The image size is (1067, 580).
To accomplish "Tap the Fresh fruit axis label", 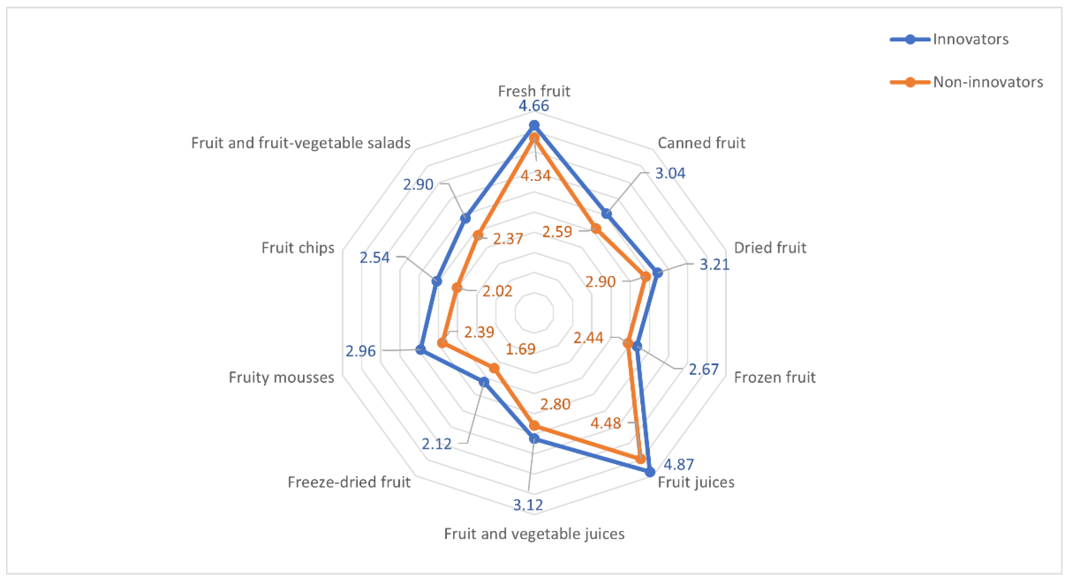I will [534, 91].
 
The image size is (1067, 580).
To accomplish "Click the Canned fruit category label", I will [701, 143].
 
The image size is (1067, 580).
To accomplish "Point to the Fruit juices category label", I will [696, 482].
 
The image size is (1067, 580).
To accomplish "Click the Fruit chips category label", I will [298, 247].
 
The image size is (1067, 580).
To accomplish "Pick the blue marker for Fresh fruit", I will [534, 125].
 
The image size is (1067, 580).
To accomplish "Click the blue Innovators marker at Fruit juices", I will [650, 472].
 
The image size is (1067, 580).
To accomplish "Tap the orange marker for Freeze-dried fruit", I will [494, 368].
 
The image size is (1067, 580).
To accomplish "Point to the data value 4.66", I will [534, 106].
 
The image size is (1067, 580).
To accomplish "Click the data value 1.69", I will [521, 349].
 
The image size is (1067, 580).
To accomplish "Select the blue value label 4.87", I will [678, 464].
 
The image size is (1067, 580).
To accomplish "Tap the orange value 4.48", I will [606, 423].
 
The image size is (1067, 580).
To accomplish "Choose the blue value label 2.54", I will [375, 257].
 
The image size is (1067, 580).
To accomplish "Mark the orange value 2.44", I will [588, 338].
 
